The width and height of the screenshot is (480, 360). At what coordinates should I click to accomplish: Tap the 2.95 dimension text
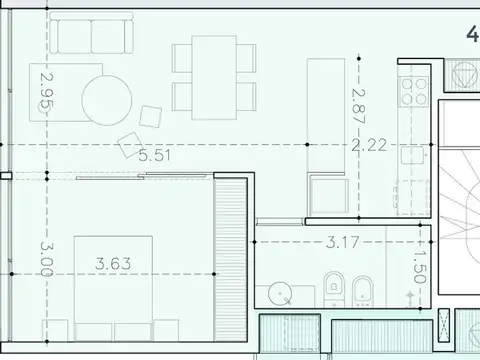(44, 91)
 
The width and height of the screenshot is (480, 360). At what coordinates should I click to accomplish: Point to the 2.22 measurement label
(370, 145)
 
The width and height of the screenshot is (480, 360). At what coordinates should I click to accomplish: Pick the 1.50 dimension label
(420, 268)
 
